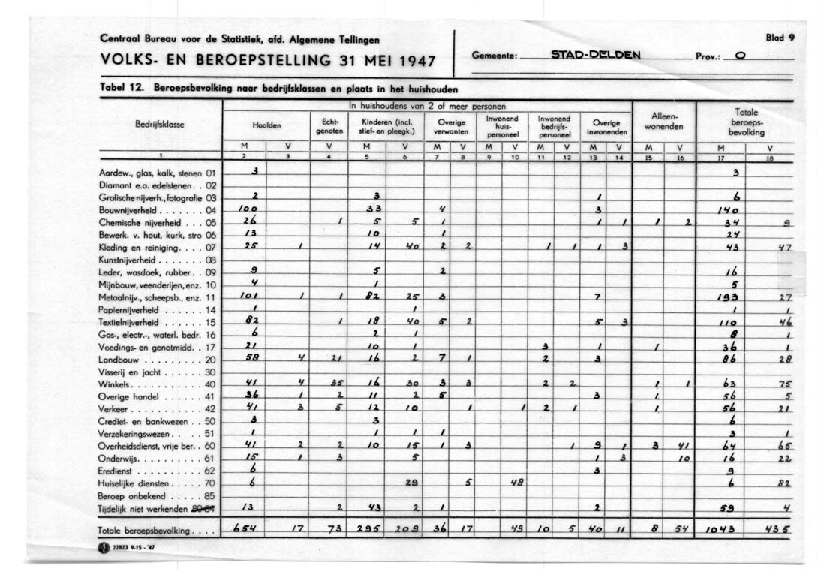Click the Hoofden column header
pos(266,126)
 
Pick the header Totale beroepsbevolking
pos(746,122)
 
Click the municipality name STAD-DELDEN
pos(595,55)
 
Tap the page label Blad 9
pos(779,36)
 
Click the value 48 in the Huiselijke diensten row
pos(516,483)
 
